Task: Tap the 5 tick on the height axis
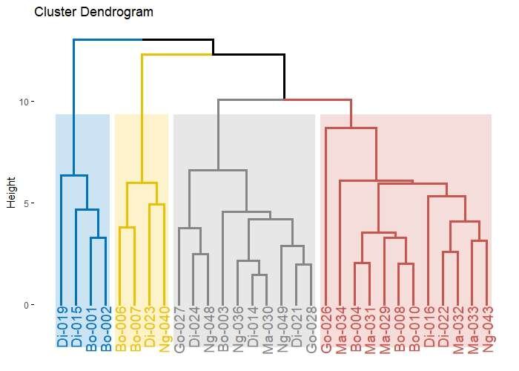30,203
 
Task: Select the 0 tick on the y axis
30,305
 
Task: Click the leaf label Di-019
61,327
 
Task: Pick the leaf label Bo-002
105,327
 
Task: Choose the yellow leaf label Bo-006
120,327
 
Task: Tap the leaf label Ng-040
164,327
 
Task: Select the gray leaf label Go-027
179,327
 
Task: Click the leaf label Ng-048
208,327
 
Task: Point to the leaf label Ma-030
267,327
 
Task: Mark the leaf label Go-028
311,327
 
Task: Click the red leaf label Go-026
326,327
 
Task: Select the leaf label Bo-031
355,327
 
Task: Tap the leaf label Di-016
429,327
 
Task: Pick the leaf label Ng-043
488,327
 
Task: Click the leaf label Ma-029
385,327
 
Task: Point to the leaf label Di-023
149,327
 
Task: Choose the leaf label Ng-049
282,327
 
